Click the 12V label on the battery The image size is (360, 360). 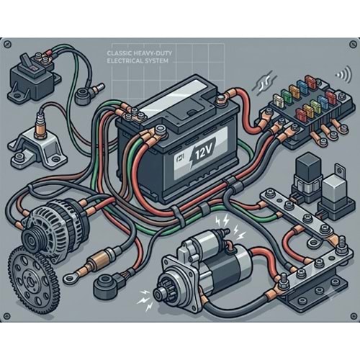[x=202, y=153]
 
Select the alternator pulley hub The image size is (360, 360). [x=32, y=240]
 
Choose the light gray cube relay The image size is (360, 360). [x=334, y=187]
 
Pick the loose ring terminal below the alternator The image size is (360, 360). [x=71, y=278]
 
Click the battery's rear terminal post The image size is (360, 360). [x=221, y=99]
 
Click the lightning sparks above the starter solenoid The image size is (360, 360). [x=230, y=225]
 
